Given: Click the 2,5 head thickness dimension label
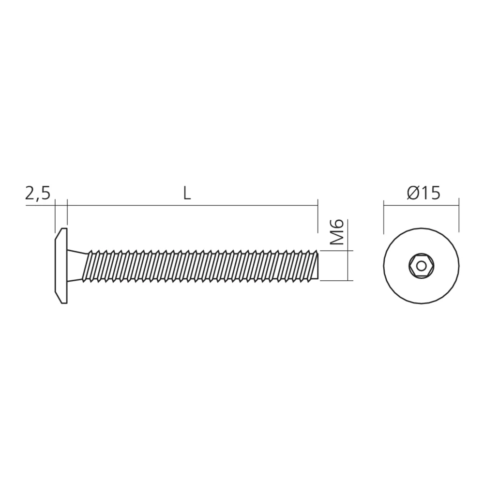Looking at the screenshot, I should pyautogui.click(x=37, y=194).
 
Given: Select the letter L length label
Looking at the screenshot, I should pyautogui.click(x=188, y=194).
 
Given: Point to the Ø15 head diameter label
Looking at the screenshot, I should pyautogui.click(x=423, y=194).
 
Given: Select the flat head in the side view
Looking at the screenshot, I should pyautogui.click(x=60, y=266).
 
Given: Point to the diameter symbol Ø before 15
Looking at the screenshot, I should pyautogui.click(x=411, y=194).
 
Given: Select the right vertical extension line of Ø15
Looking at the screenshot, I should pyautogui.click(x=458, y=215).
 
